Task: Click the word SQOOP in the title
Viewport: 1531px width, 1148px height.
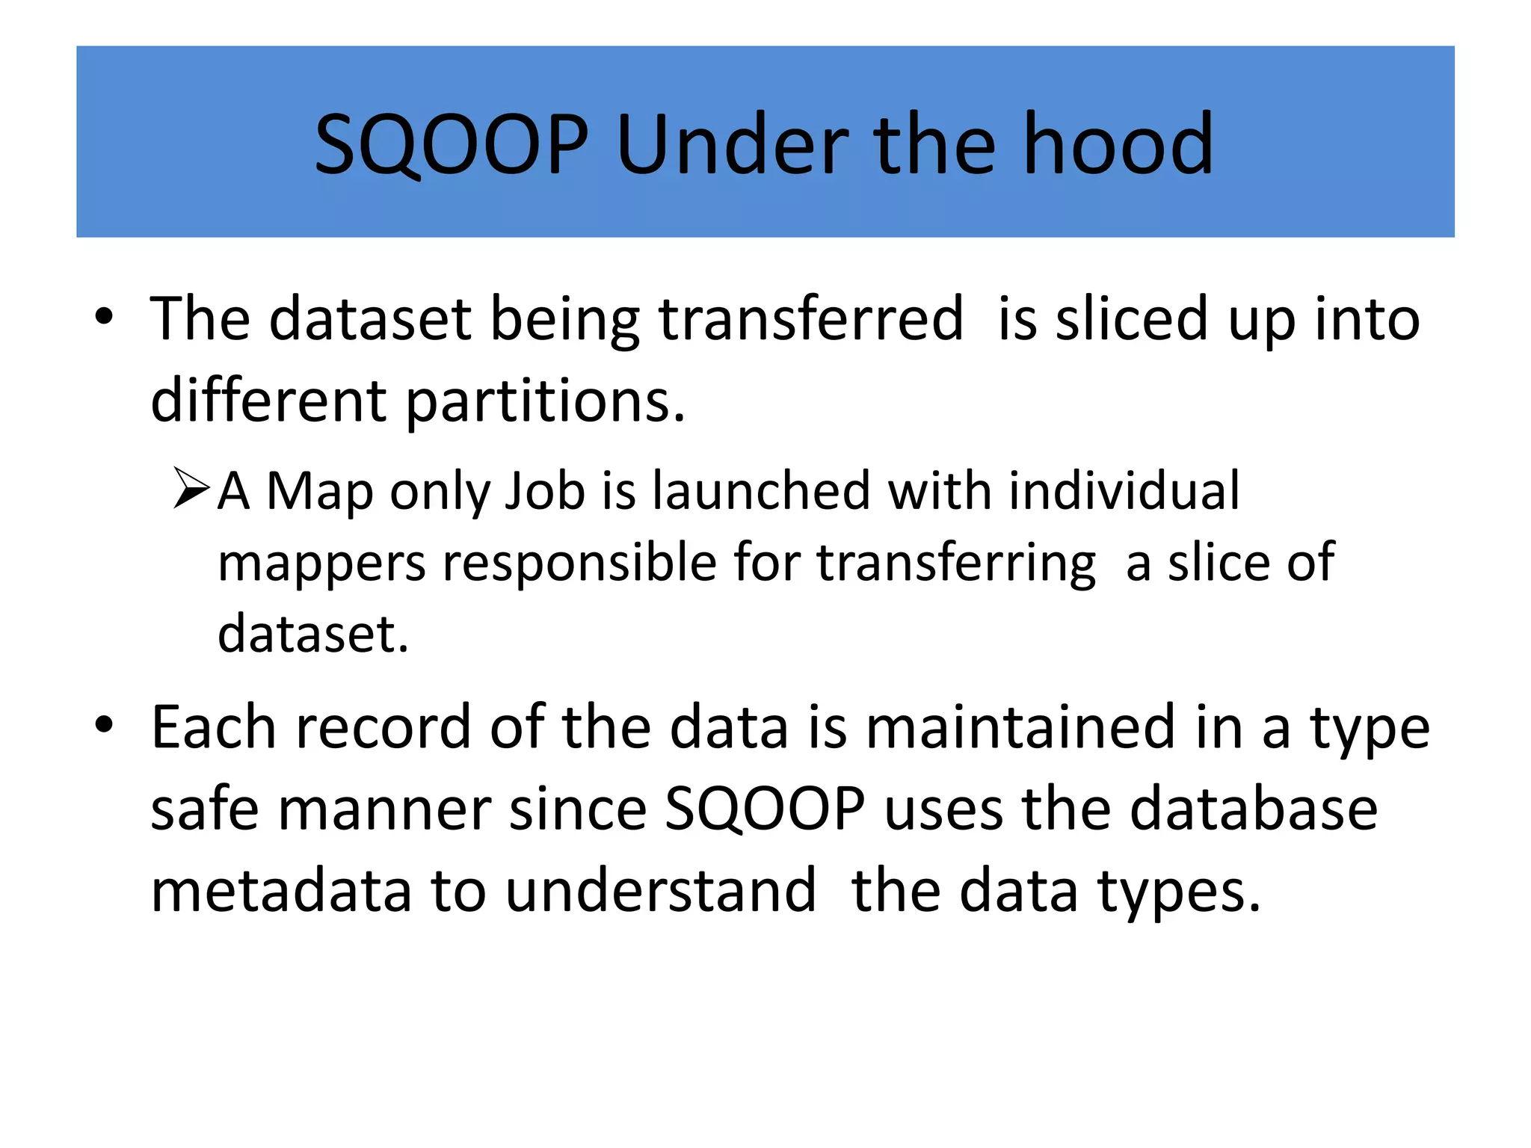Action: coord(451,143)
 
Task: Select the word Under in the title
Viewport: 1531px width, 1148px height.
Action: coord(732,143)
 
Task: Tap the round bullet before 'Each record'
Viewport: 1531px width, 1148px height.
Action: coord(104,724)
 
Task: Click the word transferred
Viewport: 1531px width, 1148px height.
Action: coord(810,319)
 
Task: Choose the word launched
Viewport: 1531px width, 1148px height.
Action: coord(761,491)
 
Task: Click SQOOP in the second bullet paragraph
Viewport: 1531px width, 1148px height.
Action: coord(765,809)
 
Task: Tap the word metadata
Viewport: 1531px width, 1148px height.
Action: coord(281,891)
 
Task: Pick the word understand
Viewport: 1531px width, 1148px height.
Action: coord(661,891)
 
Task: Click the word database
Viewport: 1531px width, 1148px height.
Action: coord(1253,809)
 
